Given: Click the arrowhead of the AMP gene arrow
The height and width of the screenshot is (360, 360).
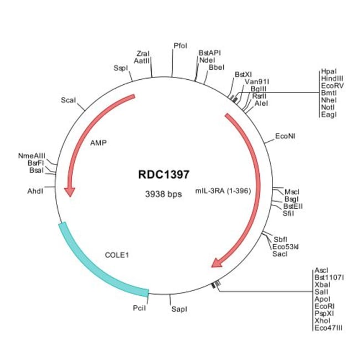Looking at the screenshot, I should point(69,191).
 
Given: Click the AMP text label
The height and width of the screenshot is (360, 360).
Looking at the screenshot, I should point(98,142).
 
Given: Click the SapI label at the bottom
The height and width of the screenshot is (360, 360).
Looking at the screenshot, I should point(178,309).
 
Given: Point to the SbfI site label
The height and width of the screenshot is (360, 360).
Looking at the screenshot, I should point(280,239).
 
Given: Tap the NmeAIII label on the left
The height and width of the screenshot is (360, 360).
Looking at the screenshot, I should point(32,156).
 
